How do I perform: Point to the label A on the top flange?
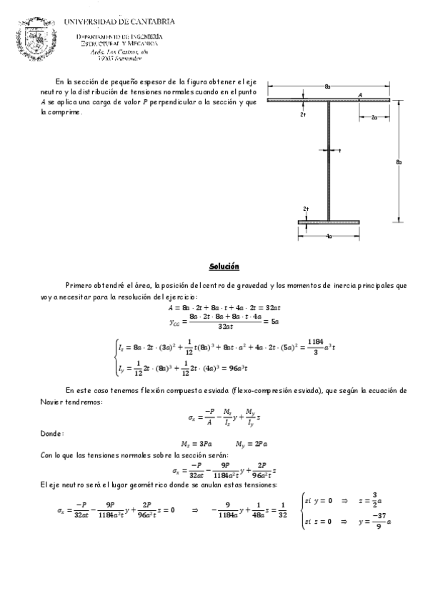360,94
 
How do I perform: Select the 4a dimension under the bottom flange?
327,236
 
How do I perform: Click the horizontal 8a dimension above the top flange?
327,86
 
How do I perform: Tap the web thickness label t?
340,151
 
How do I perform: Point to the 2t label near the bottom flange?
306,209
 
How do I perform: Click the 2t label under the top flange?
304,114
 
